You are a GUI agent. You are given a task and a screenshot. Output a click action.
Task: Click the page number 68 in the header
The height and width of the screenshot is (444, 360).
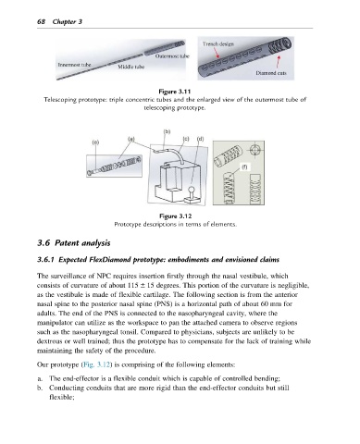point(41,21)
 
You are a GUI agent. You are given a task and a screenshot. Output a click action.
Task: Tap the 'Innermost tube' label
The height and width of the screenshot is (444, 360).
point(74,65)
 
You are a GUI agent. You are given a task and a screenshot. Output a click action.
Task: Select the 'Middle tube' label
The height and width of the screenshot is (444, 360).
point(131,67)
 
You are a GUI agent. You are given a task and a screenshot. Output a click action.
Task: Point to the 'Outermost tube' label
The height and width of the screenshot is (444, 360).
point(172,56)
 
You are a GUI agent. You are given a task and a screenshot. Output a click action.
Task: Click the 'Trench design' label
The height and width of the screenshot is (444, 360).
point(218,43)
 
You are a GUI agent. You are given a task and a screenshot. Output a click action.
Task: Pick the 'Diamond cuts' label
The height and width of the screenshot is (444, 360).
point(271,73)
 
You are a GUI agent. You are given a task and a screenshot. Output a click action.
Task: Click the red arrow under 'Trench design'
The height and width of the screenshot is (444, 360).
point(217,53)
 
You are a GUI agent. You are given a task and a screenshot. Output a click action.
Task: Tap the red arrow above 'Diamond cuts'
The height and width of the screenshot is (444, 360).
point(279,61)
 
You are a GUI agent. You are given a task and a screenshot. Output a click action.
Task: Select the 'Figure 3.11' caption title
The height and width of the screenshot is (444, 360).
point(175,92)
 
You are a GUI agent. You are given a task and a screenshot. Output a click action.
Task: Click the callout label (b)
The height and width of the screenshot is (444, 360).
point(167,131)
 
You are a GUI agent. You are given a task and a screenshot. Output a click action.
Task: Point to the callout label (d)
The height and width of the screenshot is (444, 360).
point(201,139)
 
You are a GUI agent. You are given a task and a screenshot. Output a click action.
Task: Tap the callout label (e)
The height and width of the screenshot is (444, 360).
point(95,142)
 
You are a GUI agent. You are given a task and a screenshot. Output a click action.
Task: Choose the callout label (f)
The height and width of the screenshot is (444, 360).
point(244,166)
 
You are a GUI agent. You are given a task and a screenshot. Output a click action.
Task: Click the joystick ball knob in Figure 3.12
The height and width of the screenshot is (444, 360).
point(192,189)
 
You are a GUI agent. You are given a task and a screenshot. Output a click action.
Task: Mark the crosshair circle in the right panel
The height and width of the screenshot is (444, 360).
point(254,151)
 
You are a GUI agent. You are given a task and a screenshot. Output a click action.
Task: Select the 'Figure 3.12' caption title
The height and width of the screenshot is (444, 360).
point(175,216)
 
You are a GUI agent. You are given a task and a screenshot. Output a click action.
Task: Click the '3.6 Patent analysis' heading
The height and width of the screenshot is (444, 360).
point(74,243)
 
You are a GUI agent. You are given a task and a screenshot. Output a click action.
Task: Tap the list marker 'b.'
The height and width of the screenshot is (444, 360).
point(40,388)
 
